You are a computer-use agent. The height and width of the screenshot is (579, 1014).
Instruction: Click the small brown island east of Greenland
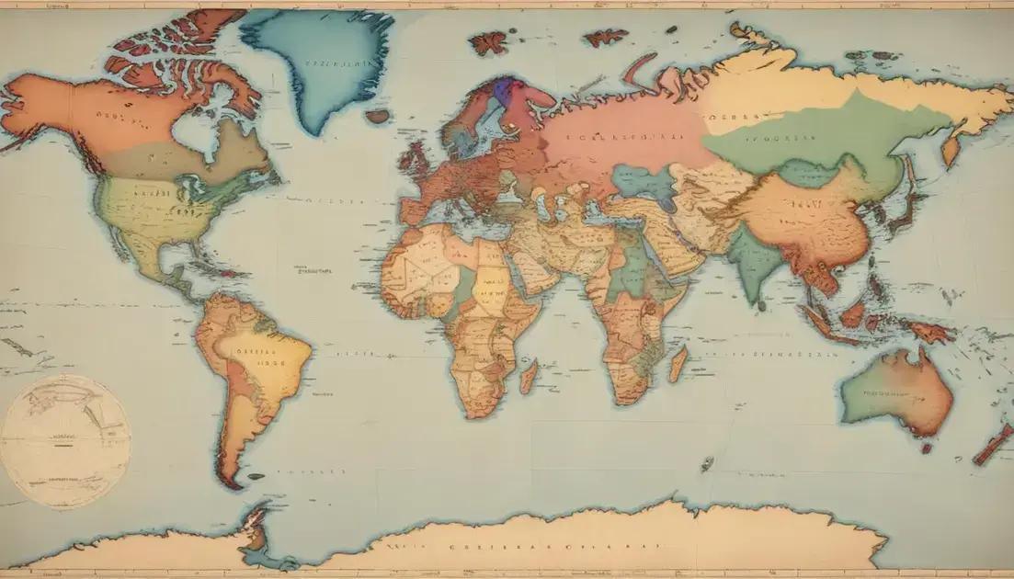click(x=378, y=117)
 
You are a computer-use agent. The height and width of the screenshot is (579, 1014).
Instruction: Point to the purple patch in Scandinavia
click(x=501, y=90)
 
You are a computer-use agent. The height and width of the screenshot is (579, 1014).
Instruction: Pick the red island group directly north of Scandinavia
click(x=489, y=42)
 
